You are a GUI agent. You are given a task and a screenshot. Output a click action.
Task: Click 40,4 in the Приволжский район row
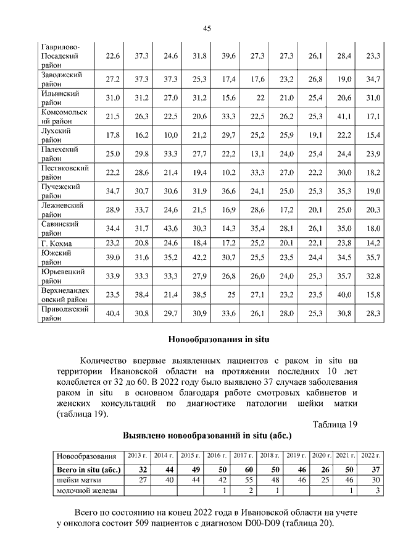[113, 314]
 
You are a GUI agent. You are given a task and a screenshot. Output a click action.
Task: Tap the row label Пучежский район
[61, 191]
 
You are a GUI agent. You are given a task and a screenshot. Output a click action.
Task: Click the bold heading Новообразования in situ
[219, 339]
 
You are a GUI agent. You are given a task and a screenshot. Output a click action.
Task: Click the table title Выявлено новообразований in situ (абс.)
[212, 435]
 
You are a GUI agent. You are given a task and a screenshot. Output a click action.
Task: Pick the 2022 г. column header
[370, 456]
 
